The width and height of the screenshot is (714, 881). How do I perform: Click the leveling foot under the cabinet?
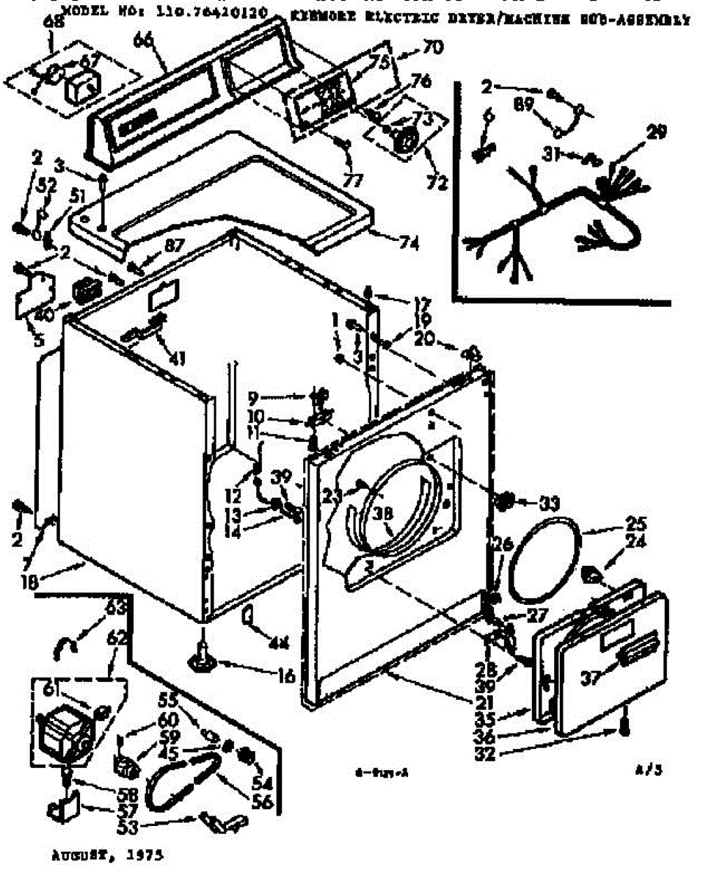point(200,658)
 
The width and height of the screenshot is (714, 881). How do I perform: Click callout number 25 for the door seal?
point(635,526)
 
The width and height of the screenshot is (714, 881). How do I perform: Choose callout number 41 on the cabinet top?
point(176,358)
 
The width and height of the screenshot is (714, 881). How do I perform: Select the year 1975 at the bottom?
point(144,856)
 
